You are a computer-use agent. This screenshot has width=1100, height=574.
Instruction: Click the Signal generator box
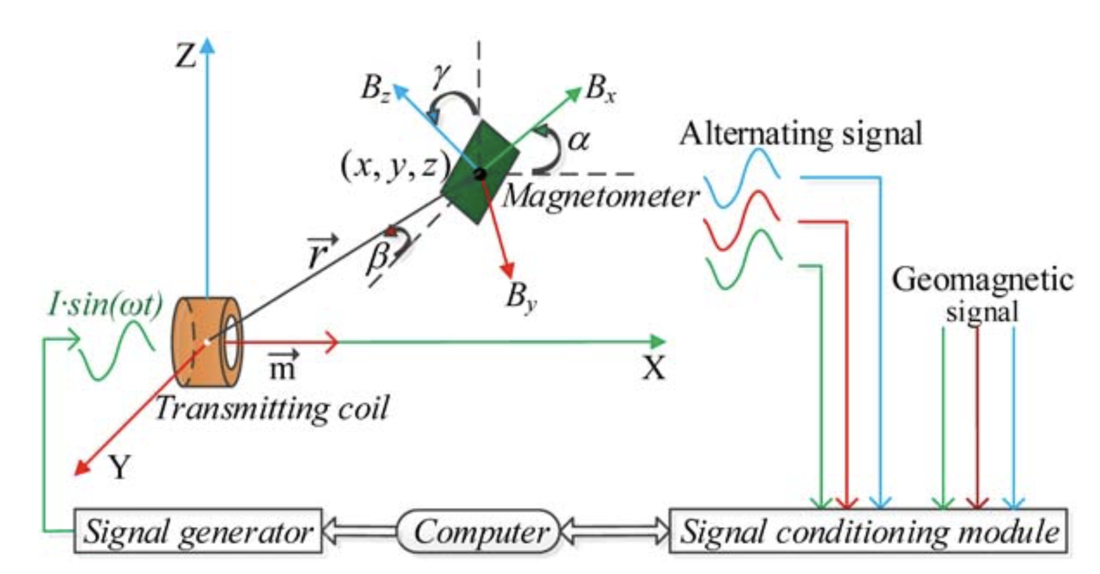click(198, 531)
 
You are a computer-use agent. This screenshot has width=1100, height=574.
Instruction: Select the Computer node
click(479, 531)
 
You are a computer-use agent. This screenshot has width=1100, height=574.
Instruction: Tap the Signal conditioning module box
click(868, 531)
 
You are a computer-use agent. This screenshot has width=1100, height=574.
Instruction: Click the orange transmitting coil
click(207, 341)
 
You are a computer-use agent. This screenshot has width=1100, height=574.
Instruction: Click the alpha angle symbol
click(579, 140)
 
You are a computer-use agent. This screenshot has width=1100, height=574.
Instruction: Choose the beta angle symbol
click(377, 258)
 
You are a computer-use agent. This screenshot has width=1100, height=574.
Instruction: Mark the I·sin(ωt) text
click(105, 304)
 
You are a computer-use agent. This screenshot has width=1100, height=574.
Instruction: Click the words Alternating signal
click(801, 134)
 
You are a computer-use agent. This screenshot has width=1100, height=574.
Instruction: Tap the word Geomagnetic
click(982, 280)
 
